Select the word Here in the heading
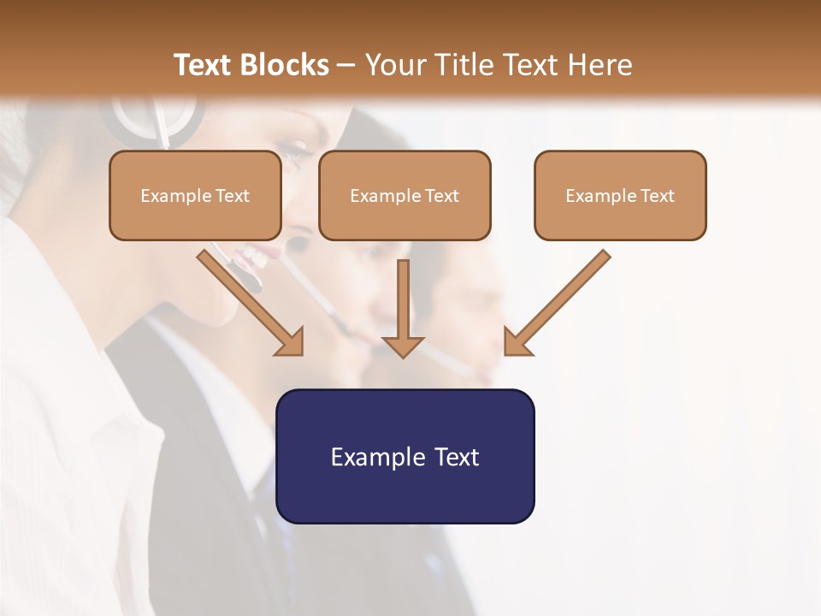tap(600, 65)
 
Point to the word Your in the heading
tap(394, 65)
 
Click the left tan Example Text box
tap(195, 196)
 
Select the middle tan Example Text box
tap(405, 196)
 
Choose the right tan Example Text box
tap(620, 196)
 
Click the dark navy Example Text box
tap(405, 457)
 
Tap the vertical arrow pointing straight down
tap(403, 308)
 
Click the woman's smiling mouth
tap(253, 255)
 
